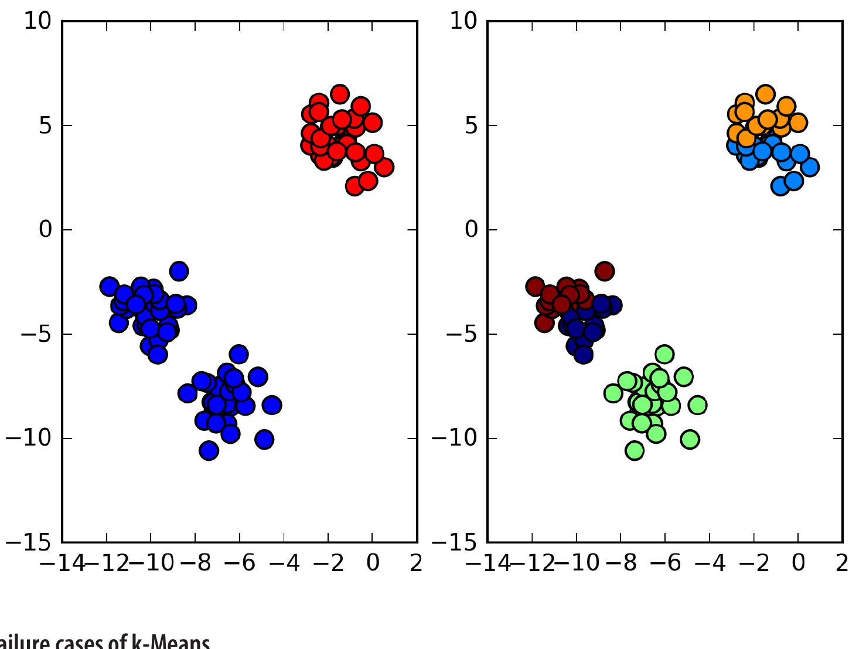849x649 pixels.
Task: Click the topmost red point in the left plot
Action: click(339, 94)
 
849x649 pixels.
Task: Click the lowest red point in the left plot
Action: click(354, 186)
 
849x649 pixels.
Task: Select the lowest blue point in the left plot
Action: click(209, 451)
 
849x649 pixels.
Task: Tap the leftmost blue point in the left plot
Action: click(109, 287)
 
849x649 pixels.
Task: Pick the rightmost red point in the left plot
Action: click(384, 167)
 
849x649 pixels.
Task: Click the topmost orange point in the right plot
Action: click(765, 94)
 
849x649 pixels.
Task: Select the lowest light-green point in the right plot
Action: click(635, 451)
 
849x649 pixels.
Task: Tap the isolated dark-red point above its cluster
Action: click(605, 271)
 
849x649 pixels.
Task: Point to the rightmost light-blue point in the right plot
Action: click(810, 167)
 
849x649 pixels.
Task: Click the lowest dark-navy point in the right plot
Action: click(583, 355)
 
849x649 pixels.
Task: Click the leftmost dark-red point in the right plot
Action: click(535, 287)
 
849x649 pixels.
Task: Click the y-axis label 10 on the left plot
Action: click(38, 21)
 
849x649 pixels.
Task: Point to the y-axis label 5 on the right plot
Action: click(471, 125)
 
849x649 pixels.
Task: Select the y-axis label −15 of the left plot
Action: click(29, 543)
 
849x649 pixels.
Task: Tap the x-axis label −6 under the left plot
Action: click(239, 563)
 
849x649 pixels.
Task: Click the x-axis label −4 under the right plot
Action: click(710, 563)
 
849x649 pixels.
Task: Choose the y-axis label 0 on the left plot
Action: click(46, 229)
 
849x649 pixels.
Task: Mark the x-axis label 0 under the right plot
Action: click(798, 563)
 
